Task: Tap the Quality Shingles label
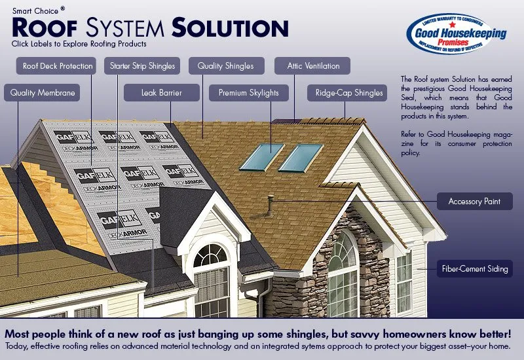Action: [225, 66]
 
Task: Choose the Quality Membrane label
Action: [43, 93]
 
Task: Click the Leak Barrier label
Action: [161, 93]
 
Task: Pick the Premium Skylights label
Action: [248, 93]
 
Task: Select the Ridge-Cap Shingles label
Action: [349, 93]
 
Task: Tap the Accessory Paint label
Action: [474, 202]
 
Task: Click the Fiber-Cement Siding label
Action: [474, 268]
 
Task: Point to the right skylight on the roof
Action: [301, 158]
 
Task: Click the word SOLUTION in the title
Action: [230, 27]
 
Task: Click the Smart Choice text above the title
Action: [36, 10]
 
